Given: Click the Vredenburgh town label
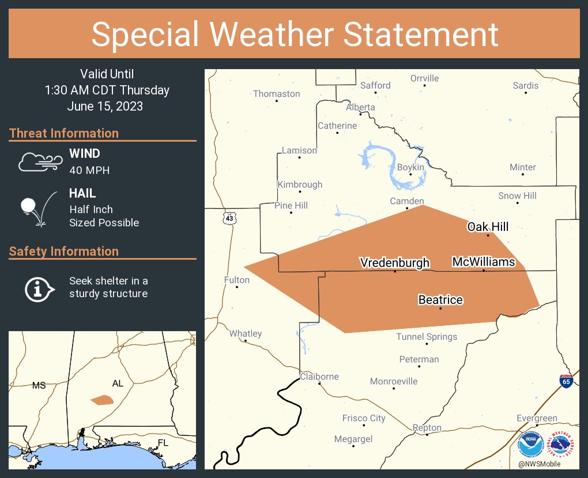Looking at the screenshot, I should [395, 263].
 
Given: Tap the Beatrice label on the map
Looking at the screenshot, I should [440, 300].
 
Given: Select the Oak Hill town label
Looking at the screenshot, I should [488, 227].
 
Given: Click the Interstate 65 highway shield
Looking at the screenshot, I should [566, 381].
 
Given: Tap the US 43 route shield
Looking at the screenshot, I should [230, 218].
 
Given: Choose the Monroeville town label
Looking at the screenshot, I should [394, 381].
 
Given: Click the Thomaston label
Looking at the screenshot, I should [277, 94].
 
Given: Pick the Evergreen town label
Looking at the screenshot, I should [537, 418].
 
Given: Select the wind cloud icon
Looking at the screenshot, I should [39, 162].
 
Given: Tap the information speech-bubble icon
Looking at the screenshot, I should [39, 288].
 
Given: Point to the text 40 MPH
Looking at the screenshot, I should [89, 170].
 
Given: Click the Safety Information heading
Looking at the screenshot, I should [64, 252].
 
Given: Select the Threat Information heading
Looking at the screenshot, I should [64, 134].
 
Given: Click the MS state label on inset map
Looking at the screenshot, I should [39, 385].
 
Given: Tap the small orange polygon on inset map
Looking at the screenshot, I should [102, 400].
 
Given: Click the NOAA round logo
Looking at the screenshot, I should [530, 445].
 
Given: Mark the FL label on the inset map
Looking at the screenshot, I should [164, 442].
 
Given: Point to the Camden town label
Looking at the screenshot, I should [407, 201].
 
